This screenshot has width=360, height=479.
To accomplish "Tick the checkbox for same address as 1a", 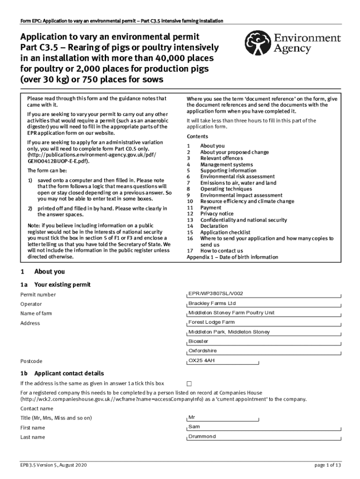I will coord(189,384).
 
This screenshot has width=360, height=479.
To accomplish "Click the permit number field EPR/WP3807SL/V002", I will coord(264,294).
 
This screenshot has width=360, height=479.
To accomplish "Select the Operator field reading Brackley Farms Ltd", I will coord(264,304).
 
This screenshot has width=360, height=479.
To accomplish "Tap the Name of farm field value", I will coord(264,313).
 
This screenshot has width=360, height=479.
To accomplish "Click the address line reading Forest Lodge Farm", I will coord(264,323).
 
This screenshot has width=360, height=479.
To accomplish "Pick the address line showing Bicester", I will coord(264,341).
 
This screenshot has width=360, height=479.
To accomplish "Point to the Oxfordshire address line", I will coord(264,351).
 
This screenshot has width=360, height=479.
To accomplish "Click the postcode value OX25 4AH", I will coord(264,361).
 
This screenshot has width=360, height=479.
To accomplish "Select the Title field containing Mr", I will coord(264,417).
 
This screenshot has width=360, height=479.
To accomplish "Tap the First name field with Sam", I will coord(264,427).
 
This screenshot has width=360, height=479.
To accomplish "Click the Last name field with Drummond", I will coord(264,437).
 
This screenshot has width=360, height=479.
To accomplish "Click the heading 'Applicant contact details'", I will coord(69,373).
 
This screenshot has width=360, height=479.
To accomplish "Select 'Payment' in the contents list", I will coord(211,208).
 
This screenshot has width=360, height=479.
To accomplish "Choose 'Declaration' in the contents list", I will coord(214,226).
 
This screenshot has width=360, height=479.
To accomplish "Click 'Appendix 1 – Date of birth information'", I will coord(232,257).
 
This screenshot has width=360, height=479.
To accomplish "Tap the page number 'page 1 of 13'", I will coord(328,465).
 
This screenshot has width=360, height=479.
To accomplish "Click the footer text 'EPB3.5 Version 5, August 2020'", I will coord(53,465).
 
